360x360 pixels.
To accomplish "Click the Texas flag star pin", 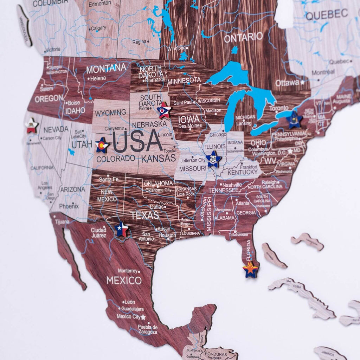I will (x=122, y=229).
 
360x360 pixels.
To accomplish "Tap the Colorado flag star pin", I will (x=102, y=145).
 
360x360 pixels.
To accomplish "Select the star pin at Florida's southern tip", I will (x=250, y=270).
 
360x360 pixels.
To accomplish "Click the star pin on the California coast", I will (x=32, y=126).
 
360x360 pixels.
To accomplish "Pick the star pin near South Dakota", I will (x=164, y=110).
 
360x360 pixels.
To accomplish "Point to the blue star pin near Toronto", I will (x=294, y=120).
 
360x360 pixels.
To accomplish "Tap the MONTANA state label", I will (x=106, y=68).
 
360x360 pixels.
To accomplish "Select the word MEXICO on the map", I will (x=124, y=281).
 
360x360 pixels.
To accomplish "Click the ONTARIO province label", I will (x=243, y=37).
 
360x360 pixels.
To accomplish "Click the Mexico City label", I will (x=128, y=316).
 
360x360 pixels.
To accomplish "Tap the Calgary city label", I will (x=98, y=28).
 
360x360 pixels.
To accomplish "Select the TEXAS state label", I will (x=145, y=215).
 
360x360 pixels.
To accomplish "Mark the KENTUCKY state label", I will (x=243, y=172).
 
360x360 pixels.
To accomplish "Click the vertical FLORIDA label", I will (x=249, y=250).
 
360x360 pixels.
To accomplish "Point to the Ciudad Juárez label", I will (x=98, y=233).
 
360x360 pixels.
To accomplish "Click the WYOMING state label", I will (x=110, y=112).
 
